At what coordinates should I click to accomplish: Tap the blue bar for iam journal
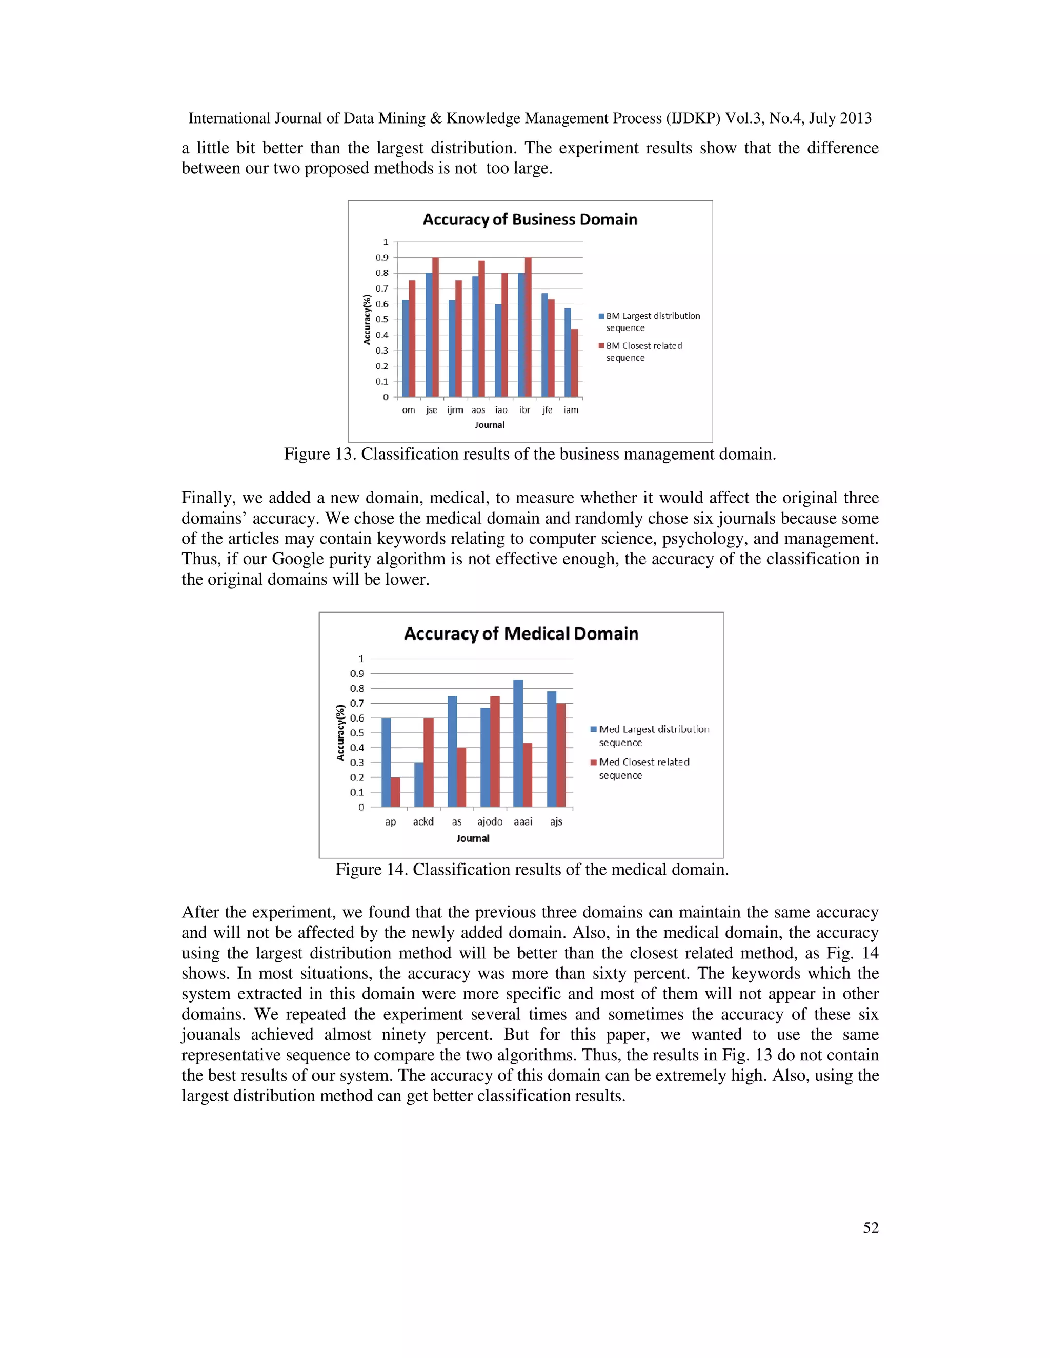point(568,353)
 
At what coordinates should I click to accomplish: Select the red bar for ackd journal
point(429,763)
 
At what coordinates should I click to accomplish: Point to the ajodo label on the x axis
point(490,821)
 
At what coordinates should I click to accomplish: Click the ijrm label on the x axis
point(455,410)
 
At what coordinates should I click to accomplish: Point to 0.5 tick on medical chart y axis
point(357,733)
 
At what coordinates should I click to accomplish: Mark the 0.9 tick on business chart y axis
point(382,257)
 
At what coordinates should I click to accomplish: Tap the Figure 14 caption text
point(531,869)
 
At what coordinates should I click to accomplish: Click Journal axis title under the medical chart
point(473,838)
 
